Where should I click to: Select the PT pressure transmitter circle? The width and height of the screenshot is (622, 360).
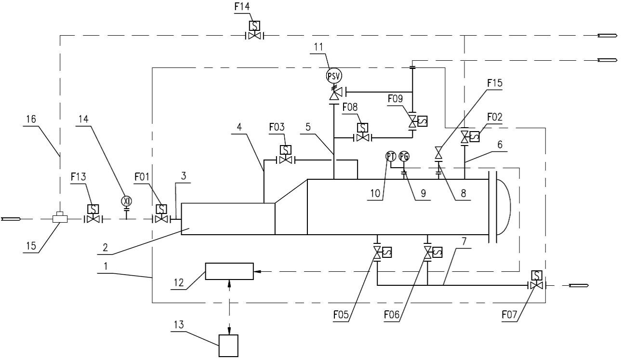(390, 156)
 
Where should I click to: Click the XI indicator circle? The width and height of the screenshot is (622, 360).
(127, 201)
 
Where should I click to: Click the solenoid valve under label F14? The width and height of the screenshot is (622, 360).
(253, 35)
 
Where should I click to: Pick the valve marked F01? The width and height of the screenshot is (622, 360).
(161, 219)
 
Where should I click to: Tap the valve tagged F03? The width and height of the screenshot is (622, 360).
(285, 160)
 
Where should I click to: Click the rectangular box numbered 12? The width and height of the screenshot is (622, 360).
(229, 271)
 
